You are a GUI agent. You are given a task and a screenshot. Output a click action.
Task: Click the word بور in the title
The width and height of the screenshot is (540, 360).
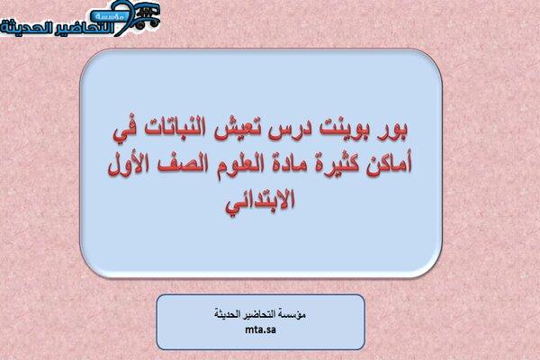pos(393,130)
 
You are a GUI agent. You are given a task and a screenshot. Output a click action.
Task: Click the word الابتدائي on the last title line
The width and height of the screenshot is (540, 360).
pos(260,201)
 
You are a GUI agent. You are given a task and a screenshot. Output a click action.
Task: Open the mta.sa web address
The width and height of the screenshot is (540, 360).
pos(260,329)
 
